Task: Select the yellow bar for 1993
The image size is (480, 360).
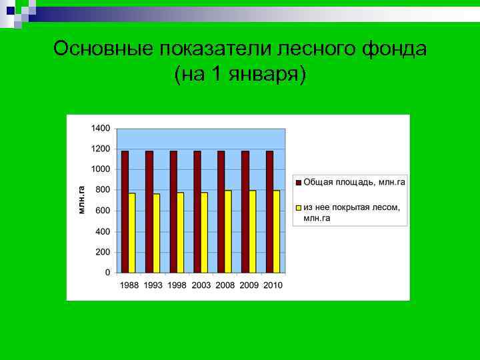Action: coord(156,233)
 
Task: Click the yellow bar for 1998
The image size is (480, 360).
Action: coord(180,233)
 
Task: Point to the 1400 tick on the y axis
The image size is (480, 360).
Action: coord(101,127)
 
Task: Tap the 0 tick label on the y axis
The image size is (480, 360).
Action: coord(107,273)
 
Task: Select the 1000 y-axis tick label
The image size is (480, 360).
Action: coord(101,169)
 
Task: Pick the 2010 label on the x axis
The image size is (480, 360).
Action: coord(273,285)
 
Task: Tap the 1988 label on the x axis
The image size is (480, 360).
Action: coord(130,285)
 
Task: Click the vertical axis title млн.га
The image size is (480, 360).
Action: coord(81,199)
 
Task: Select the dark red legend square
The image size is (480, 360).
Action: coord(298,182)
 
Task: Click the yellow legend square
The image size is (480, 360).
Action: coord(298,207)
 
